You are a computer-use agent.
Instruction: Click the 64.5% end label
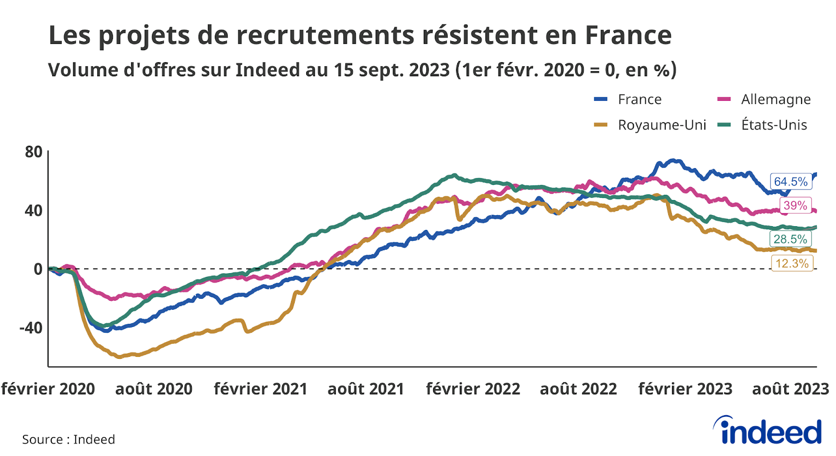pyautogui.click(x=791, y=182)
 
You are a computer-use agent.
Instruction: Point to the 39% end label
pyautogui.click(x=795, y=205)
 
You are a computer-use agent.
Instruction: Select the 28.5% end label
pyautogui.click(x=790, y=239)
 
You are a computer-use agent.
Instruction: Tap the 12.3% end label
pyautogui.click(x=792, y=263)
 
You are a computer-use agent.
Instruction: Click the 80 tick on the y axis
pyautogui.click(x=33, y=152)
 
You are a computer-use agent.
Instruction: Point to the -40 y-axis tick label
pyautogui.click(x=31, y=328)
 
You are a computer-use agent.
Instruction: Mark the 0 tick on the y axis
pyautogui.click(x=38, y=269)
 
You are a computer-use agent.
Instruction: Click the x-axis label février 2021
pyautogui.click(x=260, y=389)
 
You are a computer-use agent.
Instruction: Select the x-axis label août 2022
pyautogui.click(x=578, y=389)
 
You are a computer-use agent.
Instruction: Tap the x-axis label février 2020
pyautogui.click(x=48, y=389)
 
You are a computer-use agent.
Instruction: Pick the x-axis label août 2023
pyautogui.click(x=790, y=389)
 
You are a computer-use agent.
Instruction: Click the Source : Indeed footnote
pyautogui.click(x=68, y=439)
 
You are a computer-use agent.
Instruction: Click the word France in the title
pyautogui.click(x=628, y=36)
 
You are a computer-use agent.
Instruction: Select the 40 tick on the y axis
pyautogui.click(x=33, y=211)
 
